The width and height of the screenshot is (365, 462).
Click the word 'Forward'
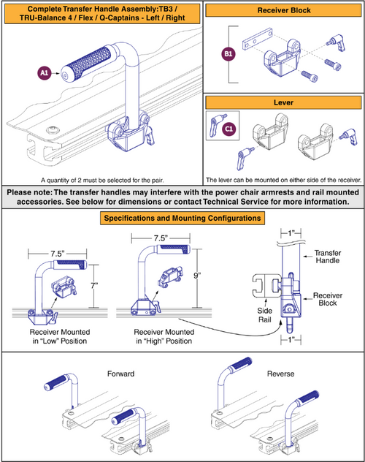[x=120, y=374]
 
